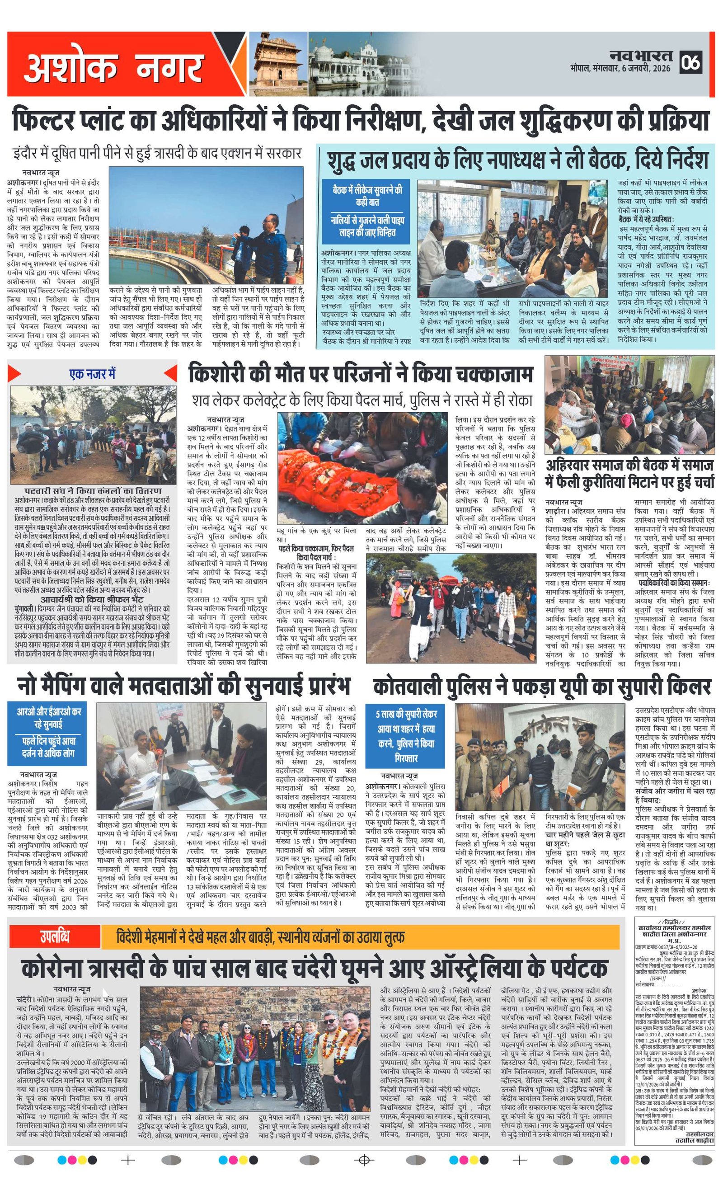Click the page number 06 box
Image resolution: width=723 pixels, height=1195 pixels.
(x=690, y=62)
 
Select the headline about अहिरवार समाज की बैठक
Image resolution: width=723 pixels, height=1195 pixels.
(x=629, y=473)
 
